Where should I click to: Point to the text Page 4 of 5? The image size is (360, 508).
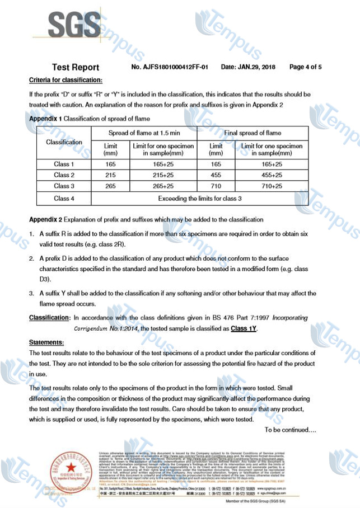point(305,67)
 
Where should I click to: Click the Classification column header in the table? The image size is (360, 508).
point(64,142)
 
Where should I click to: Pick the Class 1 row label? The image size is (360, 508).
point(64,164)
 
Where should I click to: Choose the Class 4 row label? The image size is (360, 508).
point(64,198)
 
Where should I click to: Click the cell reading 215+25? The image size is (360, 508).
point(163,175)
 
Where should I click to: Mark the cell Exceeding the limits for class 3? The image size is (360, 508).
point(199,198)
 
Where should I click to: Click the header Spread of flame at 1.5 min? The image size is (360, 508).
point(144,133)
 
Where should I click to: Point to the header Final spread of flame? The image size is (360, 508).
point(253,133)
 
